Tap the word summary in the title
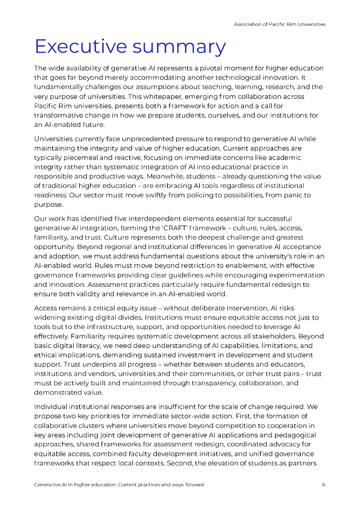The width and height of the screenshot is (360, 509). [x=181, y=47]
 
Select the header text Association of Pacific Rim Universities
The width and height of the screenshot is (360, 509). [x=279, y=24]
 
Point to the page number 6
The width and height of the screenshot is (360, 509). [x=324, y=484]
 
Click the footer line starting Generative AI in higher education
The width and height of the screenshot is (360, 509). [x=119, y=484]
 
